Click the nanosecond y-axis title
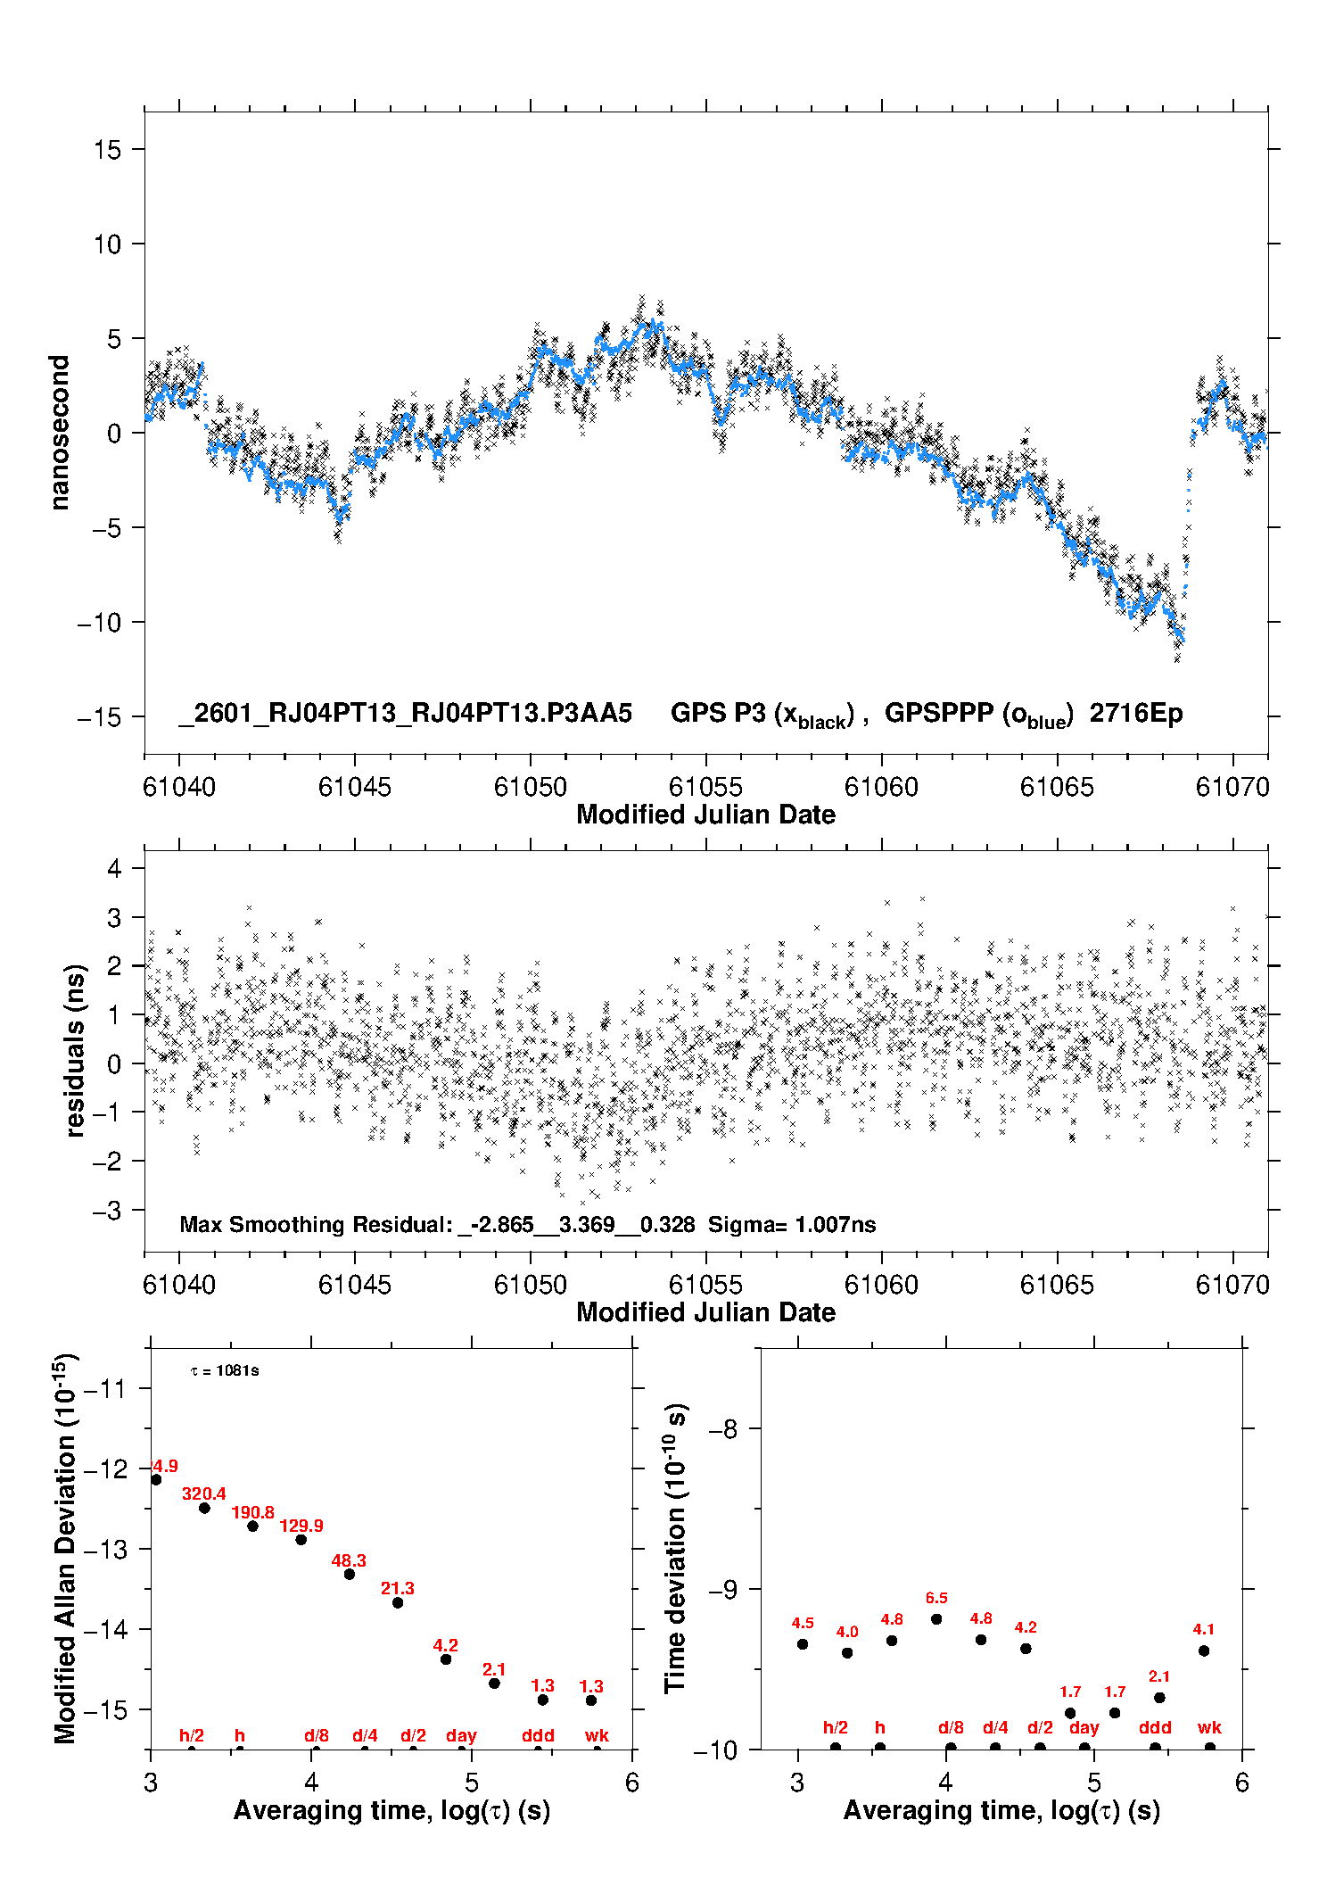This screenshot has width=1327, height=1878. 60,433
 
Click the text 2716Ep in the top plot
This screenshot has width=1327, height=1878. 1136,714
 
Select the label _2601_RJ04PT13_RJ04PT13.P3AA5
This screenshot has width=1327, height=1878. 405,714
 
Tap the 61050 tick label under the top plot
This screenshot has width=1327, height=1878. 531,787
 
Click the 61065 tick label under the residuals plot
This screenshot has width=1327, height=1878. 1057,1285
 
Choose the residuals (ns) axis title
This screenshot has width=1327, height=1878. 76,1050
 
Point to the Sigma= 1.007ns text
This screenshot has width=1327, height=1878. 792,1225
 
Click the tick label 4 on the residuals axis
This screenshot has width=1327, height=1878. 114,869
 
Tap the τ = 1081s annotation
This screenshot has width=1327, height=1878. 225,1370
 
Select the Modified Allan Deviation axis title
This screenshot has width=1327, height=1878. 65,1549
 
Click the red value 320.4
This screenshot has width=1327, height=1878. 204,1493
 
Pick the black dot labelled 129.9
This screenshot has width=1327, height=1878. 301,1539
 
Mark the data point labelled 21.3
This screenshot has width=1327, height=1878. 398,1602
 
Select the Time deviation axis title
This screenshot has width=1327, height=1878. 675,1549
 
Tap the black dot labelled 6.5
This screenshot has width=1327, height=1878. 936,1618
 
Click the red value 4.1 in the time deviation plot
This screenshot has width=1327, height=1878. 1204,1629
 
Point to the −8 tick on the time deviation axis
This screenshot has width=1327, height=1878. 722,1429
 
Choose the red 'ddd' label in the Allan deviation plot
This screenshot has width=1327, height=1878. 538,1735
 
